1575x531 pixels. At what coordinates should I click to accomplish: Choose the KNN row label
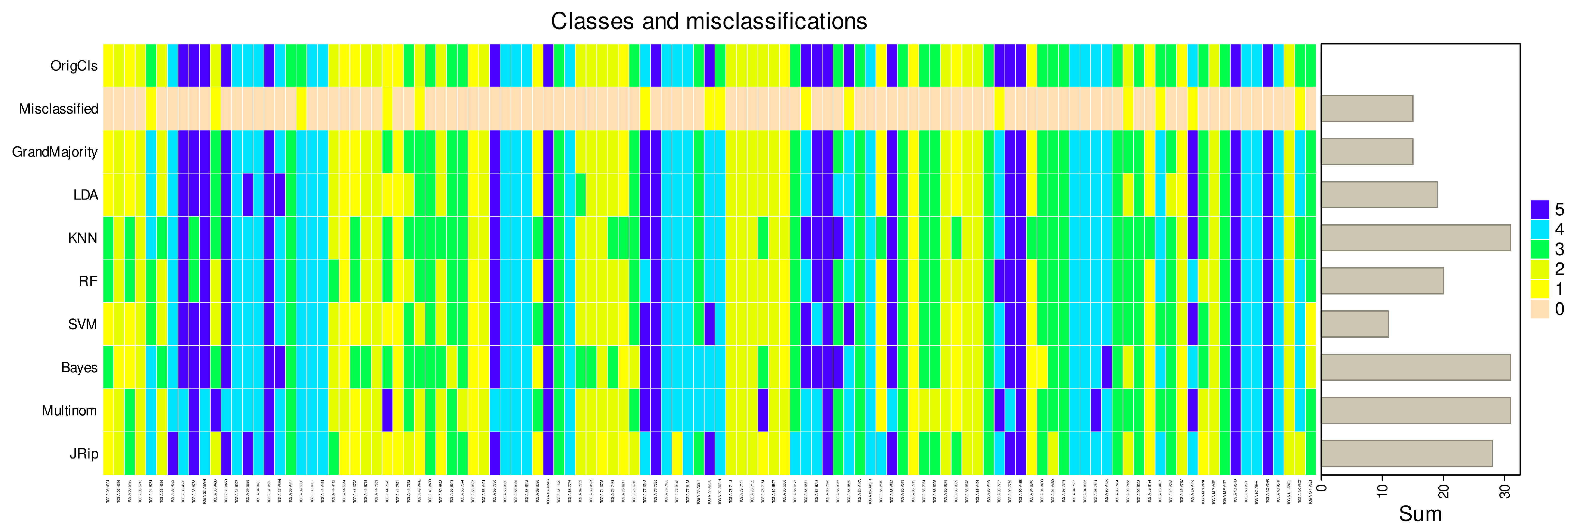click(83, 238)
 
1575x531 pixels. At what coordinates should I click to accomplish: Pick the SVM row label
click(83, 324)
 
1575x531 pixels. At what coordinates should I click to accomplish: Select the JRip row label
click(84, 453)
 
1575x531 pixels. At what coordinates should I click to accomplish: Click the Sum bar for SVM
click(1354, 324)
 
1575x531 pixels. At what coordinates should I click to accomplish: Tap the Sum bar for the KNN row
click(1416, 238)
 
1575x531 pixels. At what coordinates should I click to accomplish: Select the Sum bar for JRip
click(1406, 453)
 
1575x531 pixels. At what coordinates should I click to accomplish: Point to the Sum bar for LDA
click(1379, 195)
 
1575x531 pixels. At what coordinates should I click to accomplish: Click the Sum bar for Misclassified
click(1367, 109)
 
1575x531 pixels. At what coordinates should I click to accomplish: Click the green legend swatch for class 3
click(1540, 249)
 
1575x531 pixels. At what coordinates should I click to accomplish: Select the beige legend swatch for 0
click(1540, 309)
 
